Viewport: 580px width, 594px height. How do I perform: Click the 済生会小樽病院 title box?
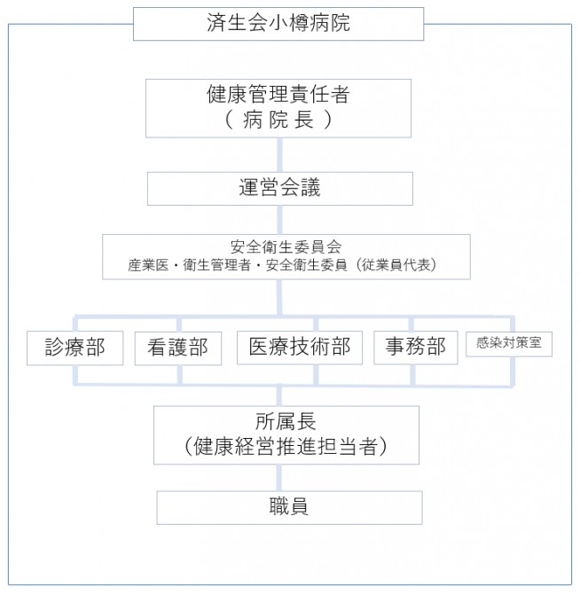[278, 23]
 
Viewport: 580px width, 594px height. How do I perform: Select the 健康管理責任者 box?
[278, 108]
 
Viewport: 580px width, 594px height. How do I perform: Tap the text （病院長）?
[278, 120]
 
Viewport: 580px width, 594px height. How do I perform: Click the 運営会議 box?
[280, 189]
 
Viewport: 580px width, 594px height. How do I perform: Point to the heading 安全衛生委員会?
[286, 247]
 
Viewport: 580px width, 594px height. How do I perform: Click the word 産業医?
[148, 265]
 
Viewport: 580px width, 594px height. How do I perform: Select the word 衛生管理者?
[217, 265]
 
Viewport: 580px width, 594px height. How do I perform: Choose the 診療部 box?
[75, 348]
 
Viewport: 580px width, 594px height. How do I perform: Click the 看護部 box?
[178, 348]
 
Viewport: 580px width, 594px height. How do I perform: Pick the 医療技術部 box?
[300, 348]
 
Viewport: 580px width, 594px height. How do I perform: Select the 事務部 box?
[416, 348]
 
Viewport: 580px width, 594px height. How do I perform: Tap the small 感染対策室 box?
[509, 344]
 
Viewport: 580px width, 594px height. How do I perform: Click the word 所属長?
[286, 421]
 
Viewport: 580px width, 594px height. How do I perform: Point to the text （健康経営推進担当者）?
[286, 446]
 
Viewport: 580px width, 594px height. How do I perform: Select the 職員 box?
[289, 508]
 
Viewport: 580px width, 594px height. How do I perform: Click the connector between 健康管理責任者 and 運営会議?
[279, 154]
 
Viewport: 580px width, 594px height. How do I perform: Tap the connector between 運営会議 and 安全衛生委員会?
[279, 220]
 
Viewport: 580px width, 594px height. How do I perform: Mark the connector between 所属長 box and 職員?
[278, 478]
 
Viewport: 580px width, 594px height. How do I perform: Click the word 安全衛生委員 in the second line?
[306, 265]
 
